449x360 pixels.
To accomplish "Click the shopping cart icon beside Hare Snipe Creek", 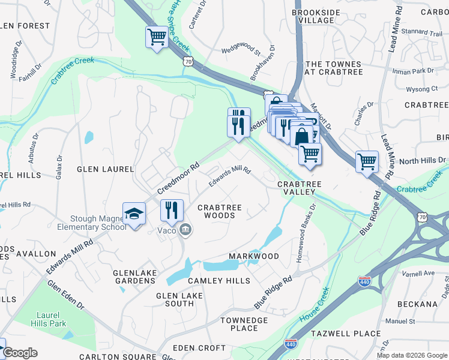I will coord(157,37).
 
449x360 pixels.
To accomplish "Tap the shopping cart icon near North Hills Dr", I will coord(367,161).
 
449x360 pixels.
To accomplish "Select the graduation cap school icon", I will coord(134,214).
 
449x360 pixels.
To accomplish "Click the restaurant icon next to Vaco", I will coord(172,210).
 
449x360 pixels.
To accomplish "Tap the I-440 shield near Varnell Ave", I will coord(364,280).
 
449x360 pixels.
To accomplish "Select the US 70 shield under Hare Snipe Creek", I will coord(188,61).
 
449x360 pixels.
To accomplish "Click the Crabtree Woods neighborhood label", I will coord(220,211).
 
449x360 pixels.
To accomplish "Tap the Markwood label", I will coord(254,256).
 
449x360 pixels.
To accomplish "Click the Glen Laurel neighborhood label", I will coord(105,169).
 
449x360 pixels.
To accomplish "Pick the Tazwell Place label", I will coord(345,334).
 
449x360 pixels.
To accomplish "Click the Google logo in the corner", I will coord(20,353).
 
